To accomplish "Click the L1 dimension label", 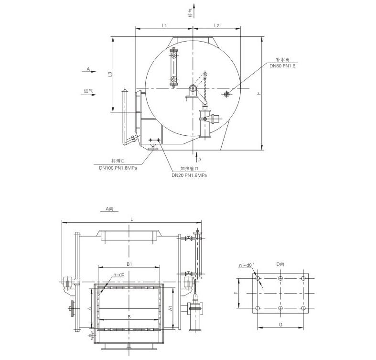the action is (x=164, y=25).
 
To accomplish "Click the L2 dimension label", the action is (x=216, y=25).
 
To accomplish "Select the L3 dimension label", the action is (x=110, y=75).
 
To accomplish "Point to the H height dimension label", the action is (x=259, y=93).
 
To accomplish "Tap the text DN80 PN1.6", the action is (x=282, y=66).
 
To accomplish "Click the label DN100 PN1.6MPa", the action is (x=118, y=168).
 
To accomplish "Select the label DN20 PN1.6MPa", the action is (x=189, y=175).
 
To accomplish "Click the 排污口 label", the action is (x=118, y=161).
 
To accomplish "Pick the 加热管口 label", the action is (x=190, y=168).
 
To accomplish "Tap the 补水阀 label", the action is (x=283, y=59).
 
